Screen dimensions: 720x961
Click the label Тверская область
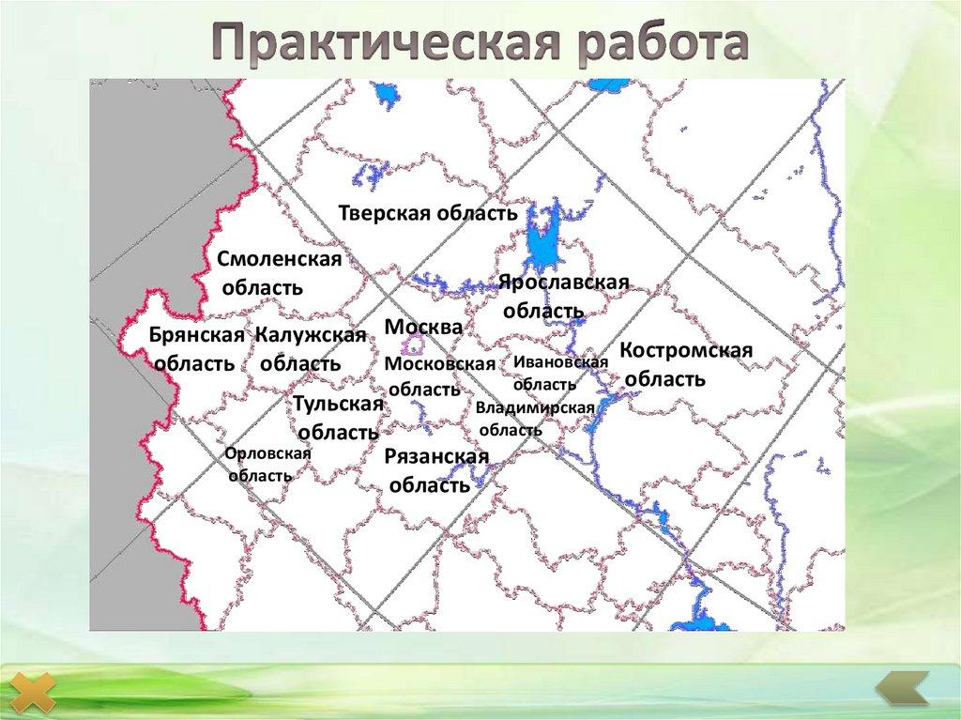point(428,213)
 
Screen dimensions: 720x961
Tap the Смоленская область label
point(279,272)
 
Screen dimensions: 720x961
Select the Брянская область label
point(196,349)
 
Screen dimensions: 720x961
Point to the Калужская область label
point(310,349)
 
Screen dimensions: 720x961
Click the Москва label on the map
point(423,327)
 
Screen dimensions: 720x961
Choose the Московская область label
point(439,375)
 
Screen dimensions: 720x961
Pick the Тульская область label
point(338,418)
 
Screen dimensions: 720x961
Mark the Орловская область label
point(267,464)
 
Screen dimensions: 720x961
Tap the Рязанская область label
point(436,470)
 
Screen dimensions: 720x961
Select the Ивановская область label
point(556,373)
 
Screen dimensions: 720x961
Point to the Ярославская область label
point(562,296)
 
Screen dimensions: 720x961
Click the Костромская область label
point(686,364)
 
